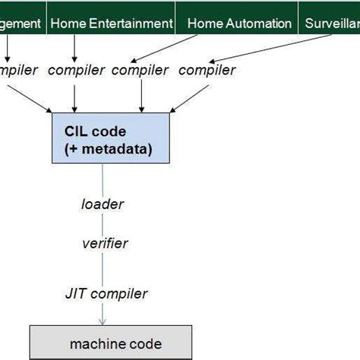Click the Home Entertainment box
click(x=111, y=24)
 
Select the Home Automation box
click(x=238, y=24)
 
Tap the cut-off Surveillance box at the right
click(x=330, y=24)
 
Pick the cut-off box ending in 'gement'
click(x=21, y=24)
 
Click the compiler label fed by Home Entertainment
click(x=76, y=71)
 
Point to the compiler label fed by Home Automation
click(x=140, y=71)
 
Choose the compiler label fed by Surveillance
click(x=207, y=71)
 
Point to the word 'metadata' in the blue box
click(x=115, y=150)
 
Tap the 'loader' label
click(x=103, y=204)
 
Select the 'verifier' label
click(x=105, y=243)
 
